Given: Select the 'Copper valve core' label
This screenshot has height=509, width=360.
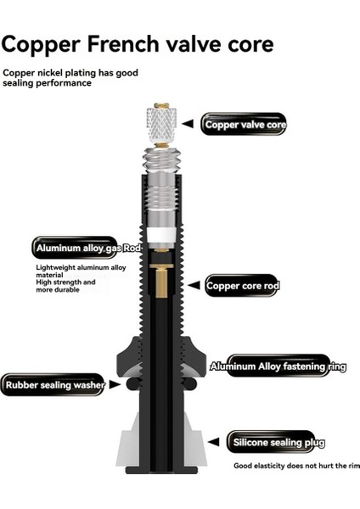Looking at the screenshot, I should click(x=245, y=125).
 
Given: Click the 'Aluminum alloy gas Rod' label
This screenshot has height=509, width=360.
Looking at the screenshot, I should click(x=74, y=248).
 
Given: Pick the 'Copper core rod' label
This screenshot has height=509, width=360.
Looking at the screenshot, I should click(x=242, y=286).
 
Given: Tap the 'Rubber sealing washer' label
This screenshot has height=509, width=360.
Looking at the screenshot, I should click(x=53, y=385).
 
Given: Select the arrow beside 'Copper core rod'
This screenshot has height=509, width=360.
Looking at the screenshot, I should click(x=194, y=286).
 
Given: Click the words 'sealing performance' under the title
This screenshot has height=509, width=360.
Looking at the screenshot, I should click(x=46, y=84).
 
